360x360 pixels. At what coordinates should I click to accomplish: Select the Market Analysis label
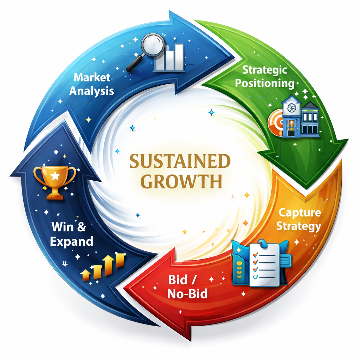pos(91,84)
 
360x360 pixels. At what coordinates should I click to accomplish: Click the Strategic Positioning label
pos(265,76)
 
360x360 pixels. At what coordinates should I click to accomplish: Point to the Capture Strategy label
pos(299,219)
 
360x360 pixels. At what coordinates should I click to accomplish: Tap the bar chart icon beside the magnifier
pos(169,58)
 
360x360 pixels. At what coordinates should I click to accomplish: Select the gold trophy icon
pos(55,181)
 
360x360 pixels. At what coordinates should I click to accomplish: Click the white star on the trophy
pos(55,175)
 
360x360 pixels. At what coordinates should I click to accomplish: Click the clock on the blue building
pos(291,104)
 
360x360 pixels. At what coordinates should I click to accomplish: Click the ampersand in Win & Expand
pos(81,227)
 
